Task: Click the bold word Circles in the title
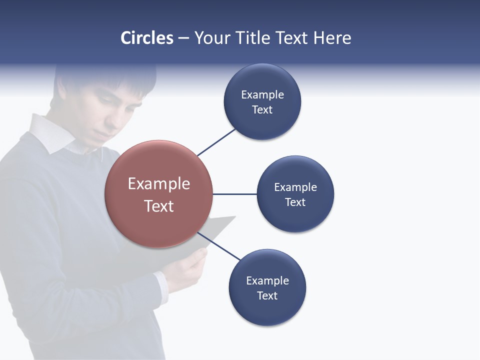coord(147,38)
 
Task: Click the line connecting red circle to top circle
coord(216,142)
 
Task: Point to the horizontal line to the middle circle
coord(234,194)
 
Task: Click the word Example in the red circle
coord(158,184)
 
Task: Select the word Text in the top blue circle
coord(262,110)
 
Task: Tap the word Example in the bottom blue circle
coord(267,280)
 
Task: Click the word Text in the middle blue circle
coord(295,202)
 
